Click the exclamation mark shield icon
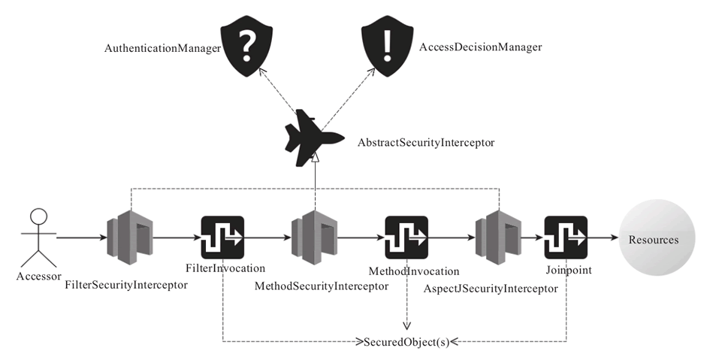point(387,47)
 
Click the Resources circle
point(652,240)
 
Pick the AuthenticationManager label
point(162,48)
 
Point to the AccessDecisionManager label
point(480,47)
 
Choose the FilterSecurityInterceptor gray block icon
point(130,237)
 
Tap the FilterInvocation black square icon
point(222,237)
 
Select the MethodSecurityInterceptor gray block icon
point(314,237)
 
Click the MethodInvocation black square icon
point(406,237)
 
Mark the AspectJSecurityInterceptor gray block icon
point(497,237)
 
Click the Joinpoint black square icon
point(565,237)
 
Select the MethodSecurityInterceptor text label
point(321,286)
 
